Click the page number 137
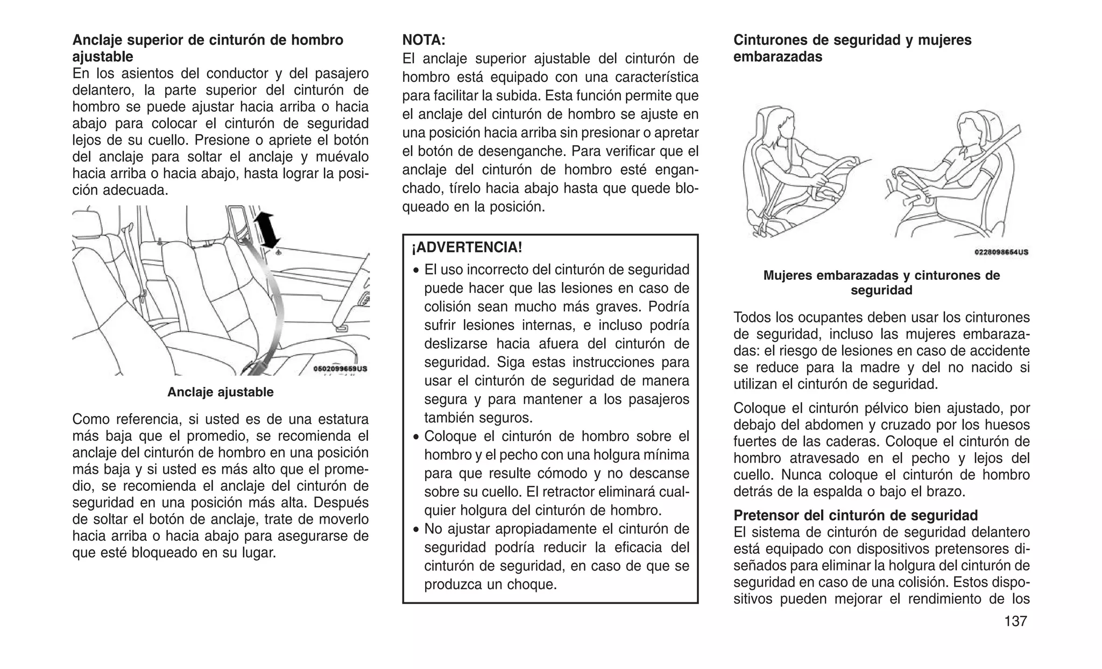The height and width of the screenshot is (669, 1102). point(1015,621)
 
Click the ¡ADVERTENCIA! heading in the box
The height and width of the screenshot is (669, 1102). point(467,248)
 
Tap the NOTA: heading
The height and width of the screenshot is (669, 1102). point(424,40)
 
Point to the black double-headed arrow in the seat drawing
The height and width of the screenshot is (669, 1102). point(266,230)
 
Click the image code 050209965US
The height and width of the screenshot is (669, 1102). point(340,369)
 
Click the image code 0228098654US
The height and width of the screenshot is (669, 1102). point(1001,252)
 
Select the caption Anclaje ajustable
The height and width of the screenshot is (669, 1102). point(220,392)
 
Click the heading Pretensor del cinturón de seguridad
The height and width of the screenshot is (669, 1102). point(856,515)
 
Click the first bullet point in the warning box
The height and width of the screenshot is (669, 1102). point(416,270)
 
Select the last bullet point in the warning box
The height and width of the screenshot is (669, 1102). point(416,530)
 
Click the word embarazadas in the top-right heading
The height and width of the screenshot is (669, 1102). point(778,57)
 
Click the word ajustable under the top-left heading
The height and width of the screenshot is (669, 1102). point(103,57)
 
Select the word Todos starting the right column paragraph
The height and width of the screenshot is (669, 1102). point(753,318)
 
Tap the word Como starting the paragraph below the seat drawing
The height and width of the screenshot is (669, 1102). point(91,419)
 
